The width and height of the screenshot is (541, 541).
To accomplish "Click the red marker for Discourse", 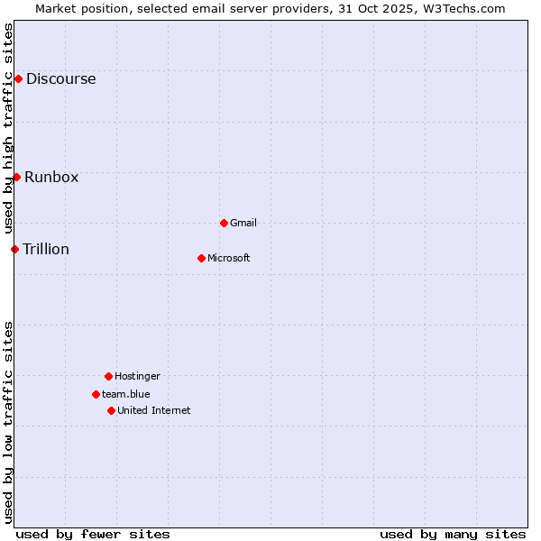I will pos(18,79).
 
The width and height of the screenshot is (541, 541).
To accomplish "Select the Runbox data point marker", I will pos(16,177).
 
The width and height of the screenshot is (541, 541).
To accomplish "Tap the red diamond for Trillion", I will pos(14,249).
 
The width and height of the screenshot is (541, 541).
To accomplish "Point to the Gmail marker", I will pos(224,223).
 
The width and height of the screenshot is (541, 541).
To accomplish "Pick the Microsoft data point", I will pos(201,258).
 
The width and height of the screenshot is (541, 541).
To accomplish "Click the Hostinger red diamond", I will pos(108,376).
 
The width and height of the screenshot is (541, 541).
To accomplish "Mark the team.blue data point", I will pos(96,394).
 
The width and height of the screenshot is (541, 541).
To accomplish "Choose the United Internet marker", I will pos(111,410).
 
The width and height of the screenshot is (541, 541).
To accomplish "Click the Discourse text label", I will pos(60,79).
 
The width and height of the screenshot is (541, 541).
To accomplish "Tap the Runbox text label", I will pos(51,177).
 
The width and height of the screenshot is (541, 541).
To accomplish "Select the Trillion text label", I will pos(46,249).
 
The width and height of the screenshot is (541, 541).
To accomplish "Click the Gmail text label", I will pos(243,223).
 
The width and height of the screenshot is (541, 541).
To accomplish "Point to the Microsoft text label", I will pos(229,258).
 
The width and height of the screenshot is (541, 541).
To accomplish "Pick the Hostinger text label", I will pos(137,376).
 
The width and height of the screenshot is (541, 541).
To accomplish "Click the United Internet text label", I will pos(154,410).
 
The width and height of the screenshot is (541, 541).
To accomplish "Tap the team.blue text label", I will pos(126,394).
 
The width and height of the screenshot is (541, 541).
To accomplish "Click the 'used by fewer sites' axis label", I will pos(93,534).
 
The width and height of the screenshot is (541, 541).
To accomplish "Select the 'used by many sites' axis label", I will pos(453,534).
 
